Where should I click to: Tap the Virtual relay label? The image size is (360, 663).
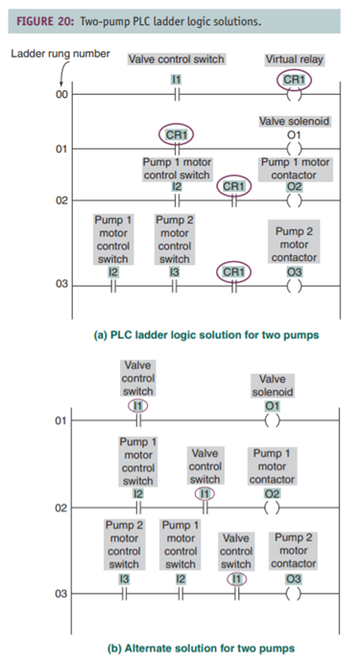coord(293,59)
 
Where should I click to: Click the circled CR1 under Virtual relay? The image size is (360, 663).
coord(293,78)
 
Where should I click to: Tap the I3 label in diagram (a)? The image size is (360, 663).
coord(174,272)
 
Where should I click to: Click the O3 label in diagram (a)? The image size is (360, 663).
coord(293,272)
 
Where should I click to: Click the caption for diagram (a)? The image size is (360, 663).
coord(180,336)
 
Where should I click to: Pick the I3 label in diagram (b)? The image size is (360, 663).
coord(124,579)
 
